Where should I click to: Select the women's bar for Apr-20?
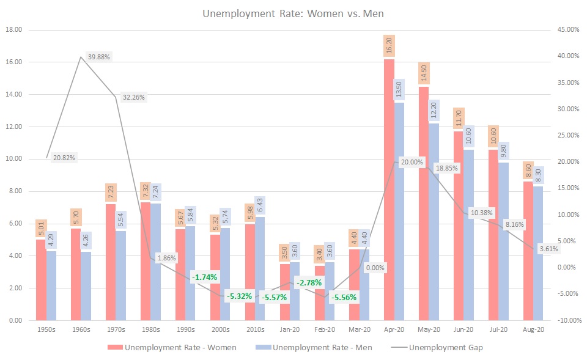tap(389, 189)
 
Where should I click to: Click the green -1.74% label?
tap(205, 277)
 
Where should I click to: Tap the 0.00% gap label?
tap(375, 267)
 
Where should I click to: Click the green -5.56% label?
tap(344, 297)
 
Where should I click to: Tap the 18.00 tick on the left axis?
tap(13, 30)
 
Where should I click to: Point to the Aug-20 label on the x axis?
tap(533, 329)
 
